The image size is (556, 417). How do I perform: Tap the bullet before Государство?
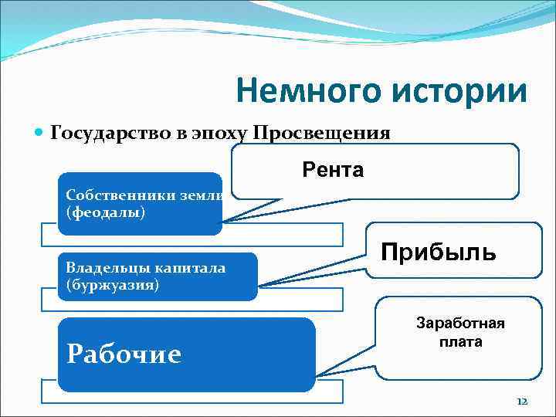click(41, 132)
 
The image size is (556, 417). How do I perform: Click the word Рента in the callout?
click(333, 170)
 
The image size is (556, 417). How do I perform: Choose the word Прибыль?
click(438, 251)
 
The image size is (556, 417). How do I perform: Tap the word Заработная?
click(449, 323)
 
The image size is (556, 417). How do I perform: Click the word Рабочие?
click(124, 354)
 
